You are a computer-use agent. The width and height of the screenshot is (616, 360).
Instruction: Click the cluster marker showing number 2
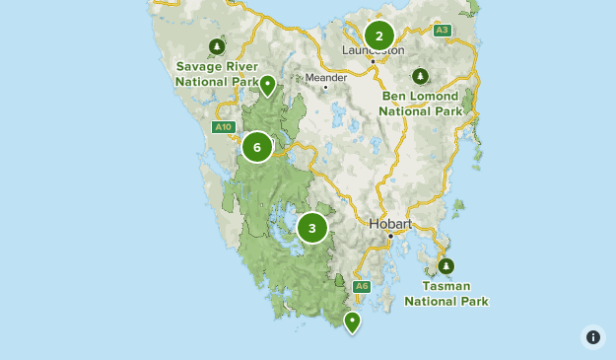click(378, 36)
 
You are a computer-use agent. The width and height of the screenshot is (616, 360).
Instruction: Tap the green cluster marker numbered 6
click(256, 148)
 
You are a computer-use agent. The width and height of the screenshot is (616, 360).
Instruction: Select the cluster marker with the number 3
click(312, 229)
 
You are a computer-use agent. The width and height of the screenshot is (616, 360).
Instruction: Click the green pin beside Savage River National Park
click(267, 86)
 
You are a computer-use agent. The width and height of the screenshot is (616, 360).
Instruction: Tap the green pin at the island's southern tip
click(352, 321)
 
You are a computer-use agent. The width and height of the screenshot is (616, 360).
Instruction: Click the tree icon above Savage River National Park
click(217, 46)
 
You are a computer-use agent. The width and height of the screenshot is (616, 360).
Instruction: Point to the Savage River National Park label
click(217, 74)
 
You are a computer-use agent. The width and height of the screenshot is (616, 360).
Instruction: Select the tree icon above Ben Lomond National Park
click(421, 76)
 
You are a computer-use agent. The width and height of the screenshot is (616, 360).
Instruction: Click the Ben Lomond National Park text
click(421, 104)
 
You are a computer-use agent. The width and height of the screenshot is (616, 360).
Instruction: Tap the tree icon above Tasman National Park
click(446, 266)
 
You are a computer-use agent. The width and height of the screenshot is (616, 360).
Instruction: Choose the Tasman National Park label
click(446, 293)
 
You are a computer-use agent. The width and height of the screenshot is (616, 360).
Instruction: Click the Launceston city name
click(374, 50)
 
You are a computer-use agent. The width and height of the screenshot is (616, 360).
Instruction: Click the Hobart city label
click(390, 224)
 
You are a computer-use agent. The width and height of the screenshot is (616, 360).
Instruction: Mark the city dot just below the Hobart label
click(390, 236)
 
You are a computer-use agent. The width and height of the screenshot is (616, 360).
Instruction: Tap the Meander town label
click(325, 76)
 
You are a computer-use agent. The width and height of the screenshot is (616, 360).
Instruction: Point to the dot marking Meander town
click(325, 88)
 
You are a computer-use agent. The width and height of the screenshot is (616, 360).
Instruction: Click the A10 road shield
click(223, 126)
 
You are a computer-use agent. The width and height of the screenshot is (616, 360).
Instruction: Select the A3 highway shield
click(443, 31)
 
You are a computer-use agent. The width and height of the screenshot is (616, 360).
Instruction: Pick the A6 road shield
click(362, 286)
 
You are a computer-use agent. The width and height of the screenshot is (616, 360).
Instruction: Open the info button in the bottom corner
click(593, 337)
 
